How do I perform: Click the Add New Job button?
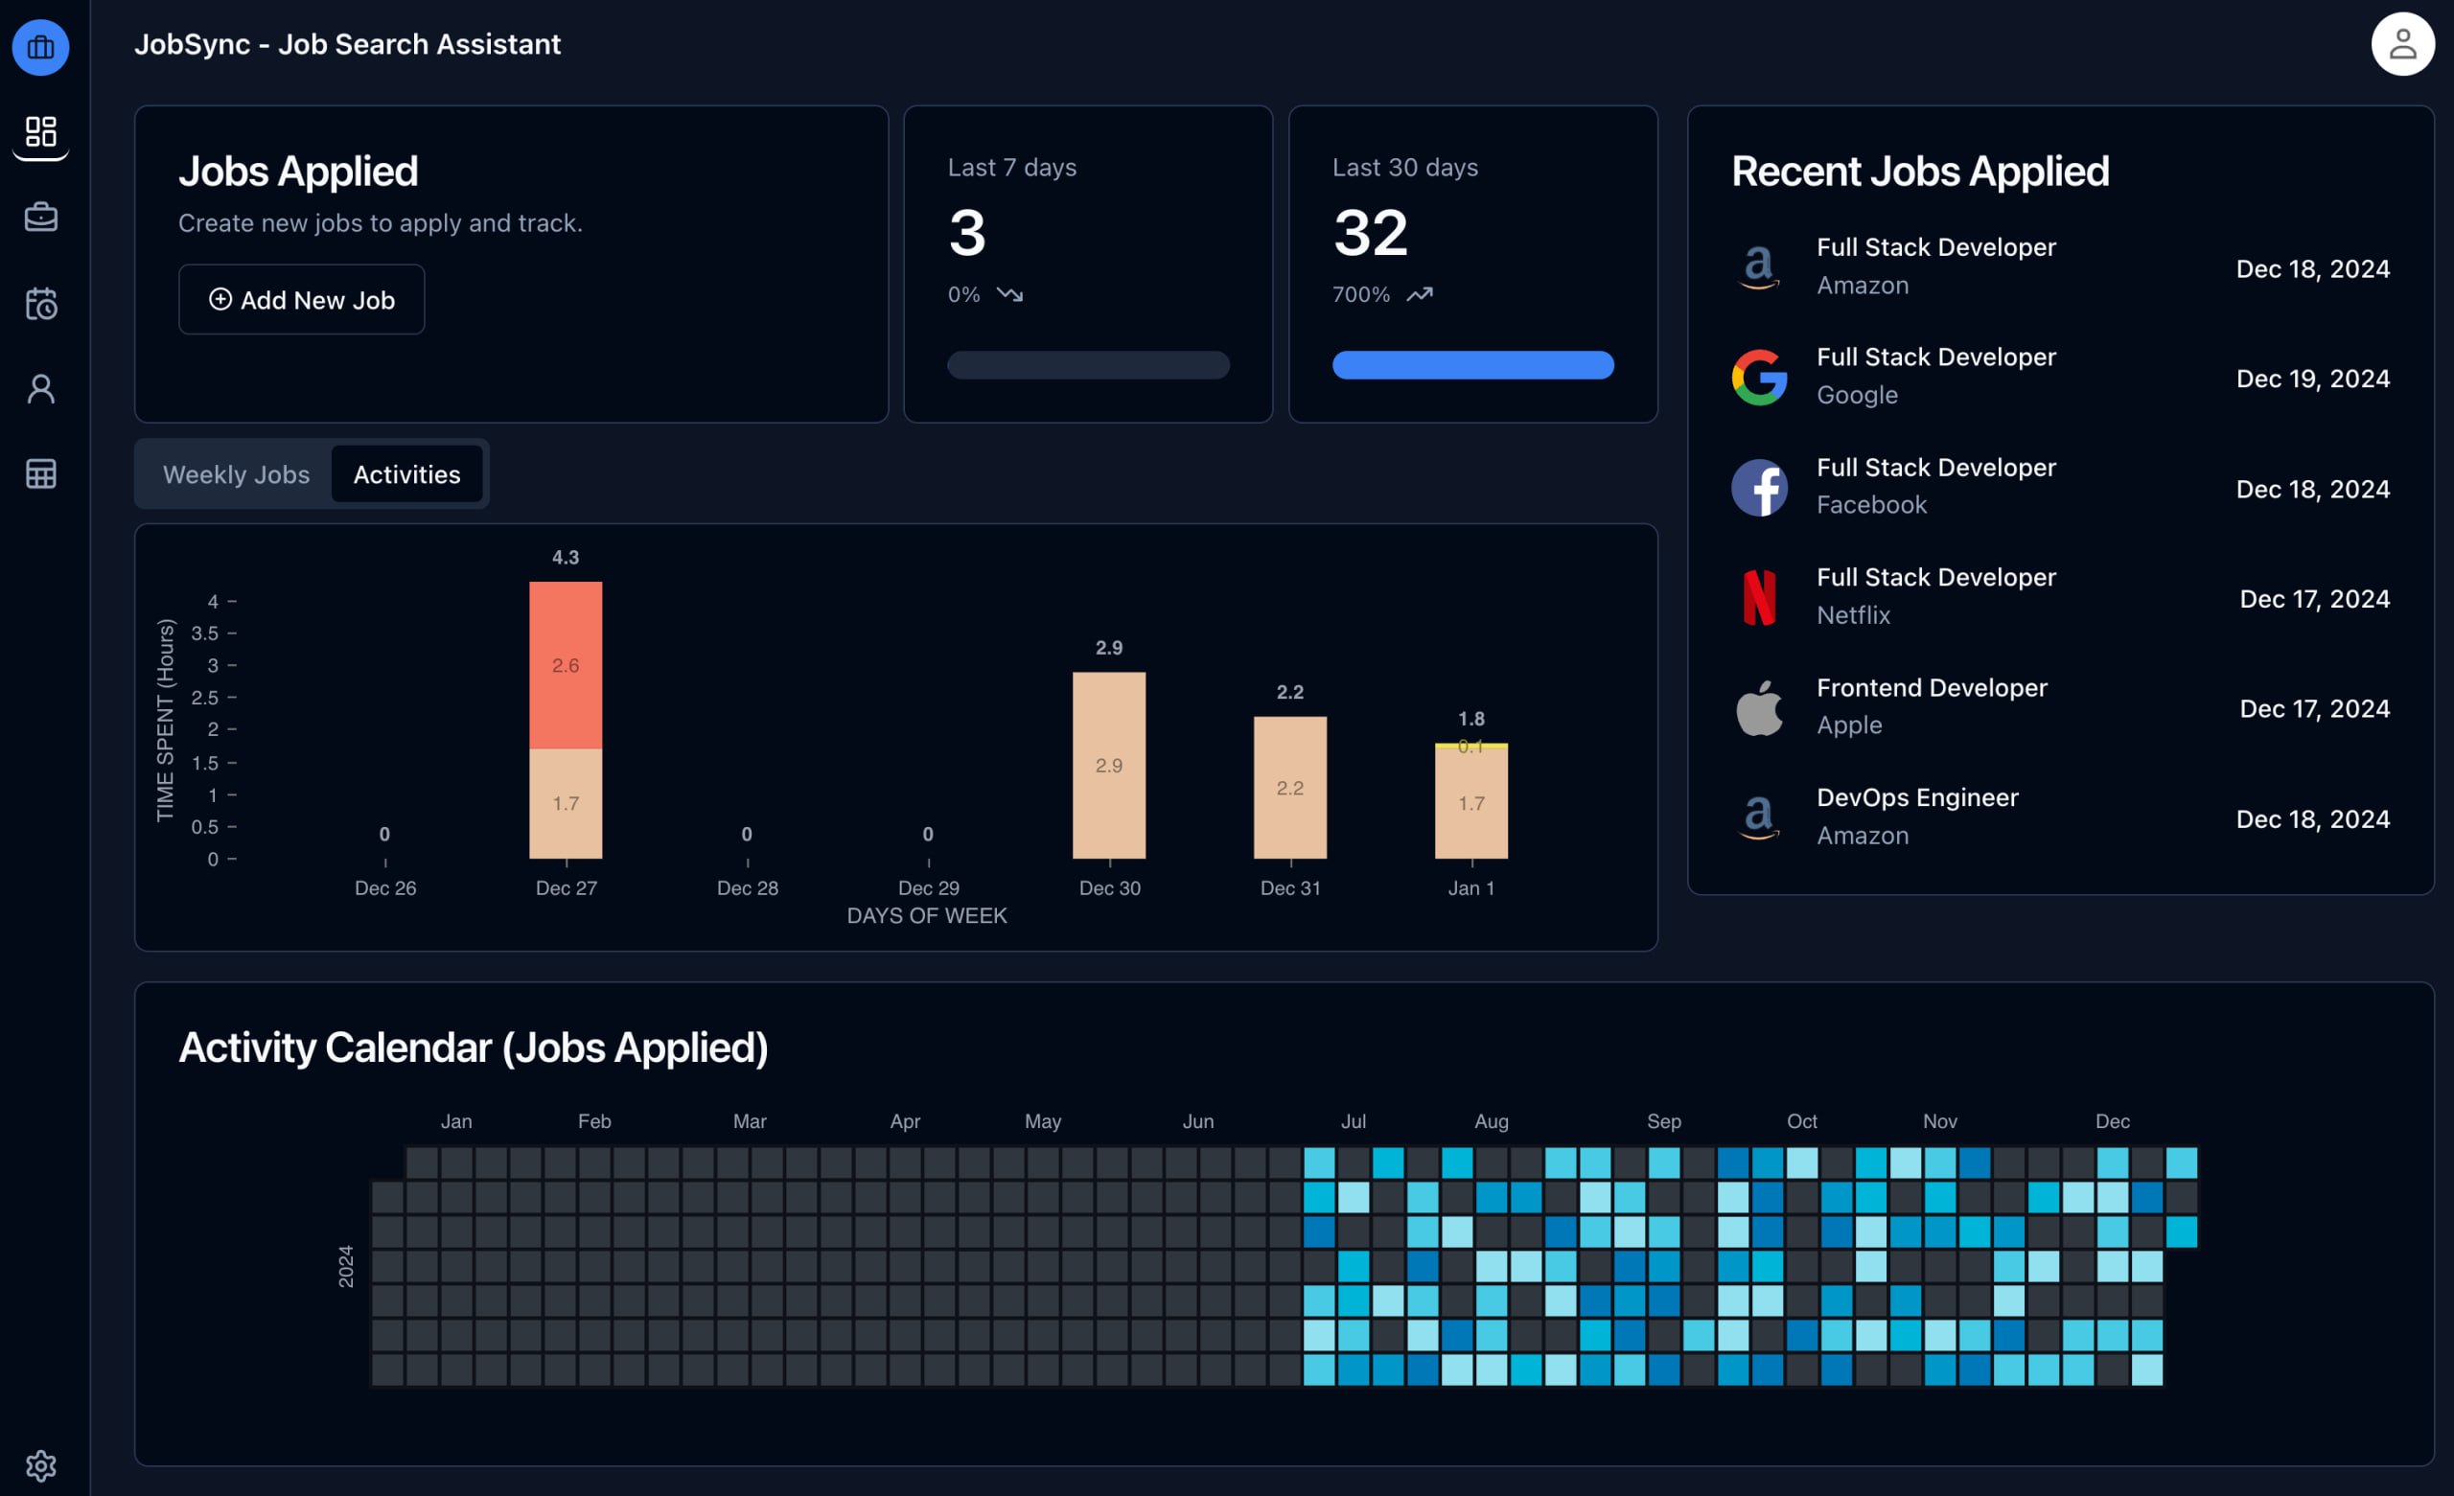tap(302, 300)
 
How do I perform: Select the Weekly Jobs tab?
tap(236, 475)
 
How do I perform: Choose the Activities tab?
tap(406, 475)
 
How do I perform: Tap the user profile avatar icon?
tap(2401, 45)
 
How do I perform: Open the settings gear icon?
tap(41, 1465)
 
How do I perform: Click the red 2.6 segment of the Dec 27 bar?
tap(566, 665)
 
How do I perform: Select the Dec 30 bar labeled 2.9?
tap(1108, 765)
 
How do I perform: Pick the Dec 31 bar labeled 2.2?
tap(1289, 787)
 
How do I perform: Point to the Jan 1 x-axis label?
tap(1471, 888)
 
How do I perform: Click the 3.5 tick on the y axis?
tap(205, 633)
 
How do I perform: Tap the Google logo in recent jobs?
tap(1759, 378)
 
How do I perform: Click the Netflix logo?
tap(1759, 598)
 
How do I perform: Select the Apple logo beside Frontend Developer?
tap(1759, 708)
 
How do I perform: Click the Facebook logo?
tap(1759, 488)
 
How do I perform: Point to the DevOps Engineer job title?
tap(1916, 797)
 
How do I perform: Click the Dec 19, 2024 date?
tap(2311, 379)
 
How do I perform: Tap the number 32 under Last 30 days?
tap(1371, 233)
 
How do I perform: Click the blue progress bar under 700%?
tap(1472, 365)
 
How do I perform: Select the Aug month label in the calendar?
tap(1491, 1121)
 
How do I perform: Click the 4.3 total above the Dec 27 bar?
tap(566, 558)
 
